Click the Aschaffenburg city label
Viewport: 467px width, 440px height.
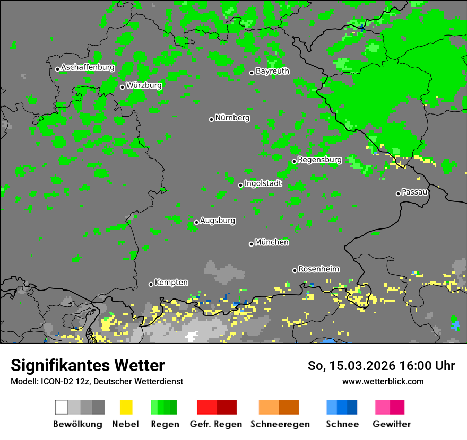88,67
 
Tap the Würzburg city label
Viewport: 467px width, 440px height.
144,85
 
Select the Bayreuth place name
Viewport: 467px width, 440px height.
272,71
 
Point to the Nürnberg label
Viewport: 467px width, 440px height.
232,118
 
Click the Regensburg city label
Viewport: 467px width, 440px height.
319,160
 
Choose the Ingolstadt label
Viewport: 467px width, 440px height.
263,183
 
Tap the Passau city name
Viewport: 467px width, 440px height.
414,192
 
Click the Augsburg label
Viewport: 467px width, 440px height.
218,221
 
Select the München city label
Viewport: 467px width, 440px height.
272,242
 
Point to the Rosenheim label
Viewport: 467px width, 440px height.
318,269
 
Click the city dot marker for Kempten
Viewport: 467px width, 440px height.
151,284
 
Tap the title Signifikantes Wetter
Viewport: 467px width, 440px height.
88,365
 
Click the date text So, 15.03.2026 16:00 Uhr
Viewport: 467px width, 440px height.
381,366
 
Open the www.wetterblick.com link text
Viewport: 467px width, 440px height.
383,381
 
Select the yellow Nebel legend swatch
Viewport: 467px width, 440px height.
126,407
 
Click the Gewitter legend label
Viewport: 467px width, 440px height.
391,424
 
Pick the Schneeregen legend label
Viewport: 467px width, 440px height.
280,424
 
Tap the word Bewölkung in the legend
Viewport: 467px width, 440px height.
77,424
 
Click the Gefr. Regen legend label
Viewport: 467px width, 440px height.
215,424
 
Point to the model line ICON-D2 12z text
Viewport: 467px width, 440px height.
97,381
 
